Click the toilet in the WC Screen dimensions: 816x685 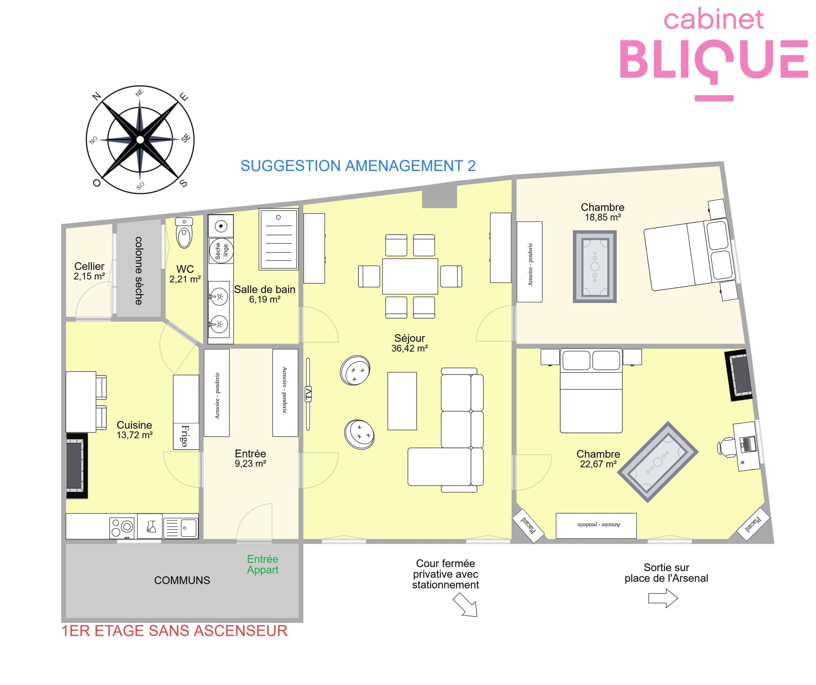pyautogui.click(x=184, y=233)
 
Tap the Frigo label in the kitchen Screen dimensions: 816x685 pyautogui.click(x=184, y=435)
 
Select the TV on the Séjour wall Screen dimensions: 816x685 pyautogui.click(x=308, y=394)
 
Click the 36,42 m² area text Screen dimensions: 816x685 pyautogui.click(x=410, y=348)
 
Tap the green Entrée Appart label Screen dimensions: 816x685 pyautogui.click(x=263, y=564)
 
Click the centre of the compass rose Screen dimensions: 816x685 pyautogui.click(x=140, y=140)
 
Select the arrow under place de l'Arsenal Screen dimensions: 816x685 pyautogui.click(x=663, y=598)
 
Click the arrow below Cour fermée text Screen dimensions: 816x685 pyautogui.click(x=466, y=604)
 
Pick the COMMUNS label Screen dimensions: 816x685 pyautogui.click(x=182, y=580)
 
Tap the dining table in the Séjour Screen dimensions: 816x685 pyautogui.click(x=410, y=276)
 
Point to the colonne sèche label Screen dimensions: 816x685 pyautogui.click(x=139, y=271)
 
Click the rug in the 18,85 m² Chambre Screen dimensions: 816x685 pyautogui.click(x=595, y=266)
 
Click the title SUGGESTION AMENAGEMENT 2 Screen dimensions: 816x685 pyautogui.click(x=358, y=166)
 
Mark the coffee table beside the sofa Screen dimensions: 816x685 pyautogui.click(x=402, y=401)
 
